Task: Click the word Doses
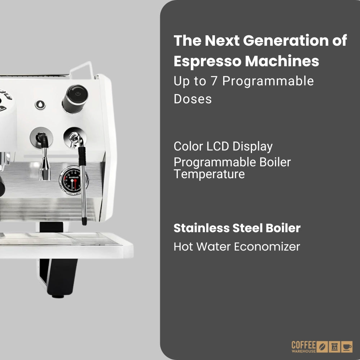click(193, 99)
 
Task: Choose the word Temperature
click(209, 174)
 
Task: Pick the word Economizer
click(267, 247)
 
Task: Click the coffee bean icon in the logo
click(323, 347)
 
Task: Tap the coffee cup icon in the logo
click(347, 347)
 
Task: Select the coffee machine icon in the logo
click(335, 347)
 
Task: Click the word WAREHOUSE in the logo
click(303, 351)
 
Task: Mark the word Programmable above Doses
click(268, 81)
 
